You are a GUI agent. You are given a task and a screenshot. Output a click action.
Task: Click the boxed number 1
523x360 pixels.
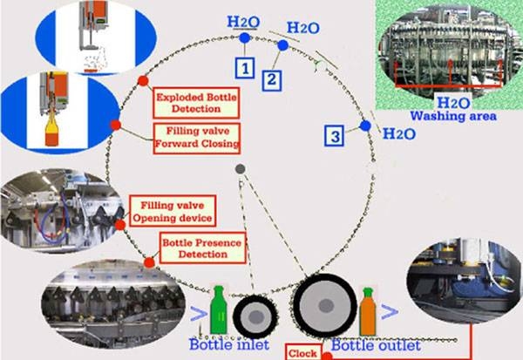tap(247, 66)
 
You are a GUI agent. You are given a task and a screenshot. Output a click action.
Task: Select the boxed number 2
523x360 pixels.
tap(273, 79)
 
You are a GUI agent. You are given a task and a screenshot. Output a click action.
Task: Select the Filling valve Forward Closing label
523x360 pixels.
tap(196, 139)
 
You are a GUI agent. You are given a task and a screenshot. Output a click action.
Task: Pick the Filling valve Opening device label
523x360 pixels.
tap(171, 209)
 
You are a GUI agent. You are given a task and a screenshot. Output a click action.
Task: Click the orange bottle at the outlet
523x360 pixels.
tap(368, 315)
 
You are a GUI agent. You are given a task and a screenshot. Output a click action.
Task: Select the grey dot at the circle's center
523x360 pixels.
tap(241, 167)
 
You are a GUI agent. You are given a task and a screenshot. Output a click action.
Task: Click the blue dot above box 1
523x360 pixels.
tap(246, 38)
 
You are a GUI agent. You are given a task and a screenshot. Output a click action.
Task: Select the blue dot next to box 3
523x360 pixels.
tap(365, 127)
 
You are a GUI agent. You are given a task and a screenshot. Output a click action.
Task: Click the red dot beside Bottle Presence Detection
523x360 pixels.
tap(149, 261)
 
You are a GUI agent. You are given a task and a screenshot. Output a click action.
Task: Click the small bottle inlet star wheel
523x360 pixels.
tap(256, 315)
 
